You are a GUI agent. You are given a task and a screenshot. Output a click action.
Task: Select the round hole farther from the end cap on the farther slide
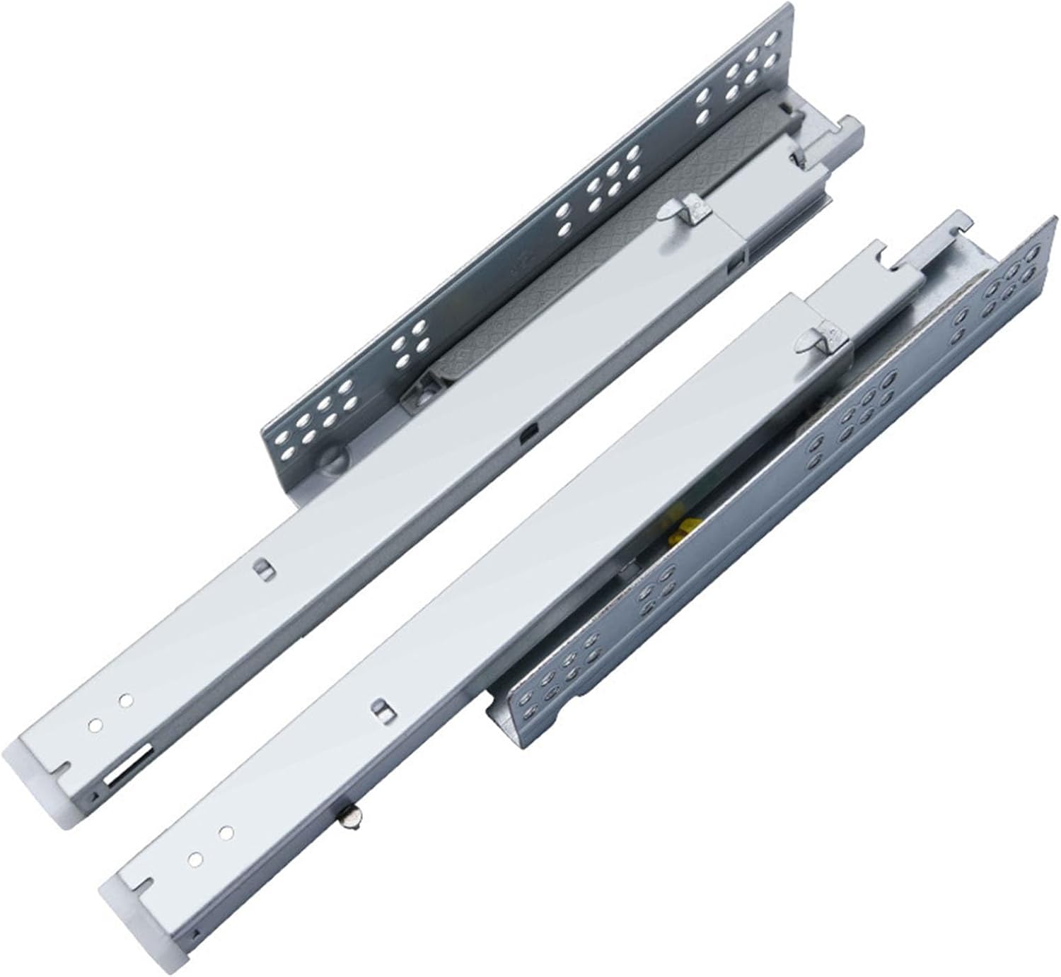126,699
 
